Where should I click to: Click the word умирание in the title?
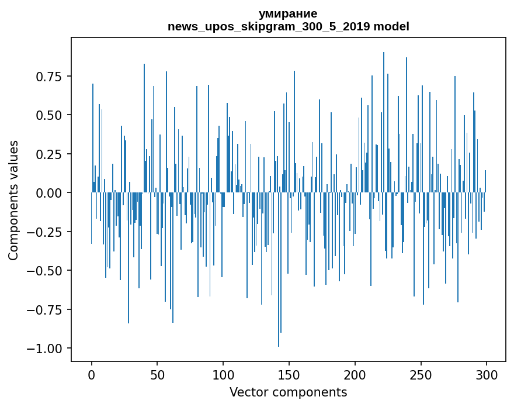coord(288,13)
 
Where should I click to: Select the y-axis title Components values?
coord(13,200)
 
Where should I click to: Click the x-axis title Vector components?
coord(288,392)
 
